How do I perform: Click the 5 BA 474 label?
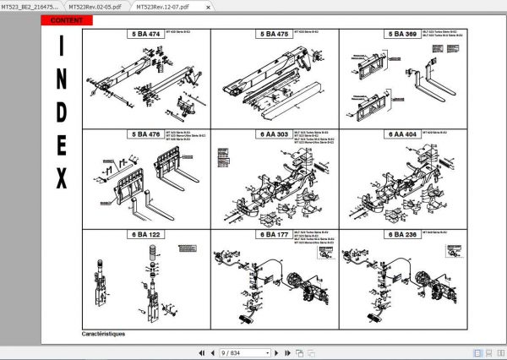point(144,35)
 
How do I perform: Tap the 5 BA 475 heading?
point(273,35)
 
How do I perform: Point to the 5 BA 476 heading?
point(144,134)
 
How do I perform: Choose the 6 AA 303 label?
point(273,134)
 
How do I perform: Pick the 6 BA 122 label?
point(144,234)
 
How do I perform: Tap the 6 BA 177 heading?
point(273,234)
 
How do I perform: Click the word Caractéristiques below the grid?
point(104,333)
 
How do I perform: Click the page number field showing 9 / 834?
point(242,352)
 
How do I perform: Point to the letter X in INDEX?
point(62,178)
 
